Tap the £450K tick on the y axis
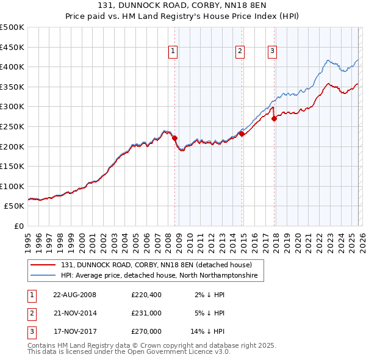pos(12,47)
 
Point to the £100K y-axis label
pos(12,186)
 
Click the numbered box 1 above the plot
pos(174,52)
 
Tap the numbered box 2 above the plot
pos(240,52)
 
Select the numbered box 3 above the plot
pos(272,52)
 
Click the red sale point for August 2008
pos(174,139)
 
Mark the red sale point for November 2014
pos(242,134)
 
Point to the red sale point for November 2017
pos(274,119)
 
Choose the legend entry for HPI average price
pos(159,276)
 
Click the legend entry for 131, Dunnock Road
pos(152,265)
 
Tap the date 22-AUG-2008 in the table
pos(75,295)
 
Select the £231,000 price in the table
pos(146,313)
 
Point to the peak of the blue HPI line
pos(328,60)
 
